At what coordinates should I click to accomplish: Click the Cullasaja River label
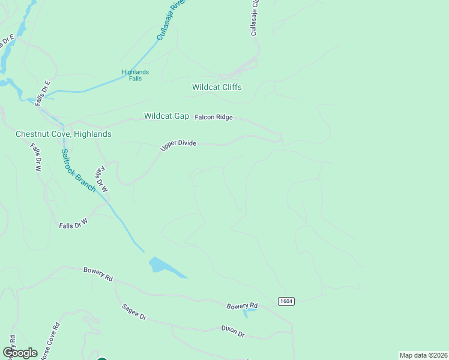170,21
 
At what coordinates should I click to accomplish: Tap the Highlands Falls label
135,75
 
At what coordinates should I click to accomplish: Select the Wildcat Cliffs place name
217,87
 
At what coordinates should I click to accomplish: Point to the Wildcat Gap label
166,116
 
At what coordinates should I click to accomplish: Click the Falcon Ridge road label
214,118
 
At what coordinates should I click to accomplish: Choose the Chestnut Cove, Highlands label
64,134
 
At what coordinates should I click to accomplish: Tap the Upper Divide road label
178,146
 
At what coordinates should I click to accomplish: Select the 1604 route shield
286,301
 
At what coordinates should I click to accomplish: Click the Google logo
20,353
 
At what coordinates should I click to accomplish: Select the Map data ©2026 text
423,355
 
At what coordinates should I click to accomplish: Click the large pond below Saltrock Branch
164,266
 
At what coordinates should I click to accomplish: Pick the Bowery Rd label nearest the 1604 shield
242,306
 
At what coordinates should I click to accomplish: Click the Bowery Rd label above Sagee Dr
98,275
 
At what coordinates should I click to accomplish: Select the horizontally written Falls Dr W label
73,225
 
